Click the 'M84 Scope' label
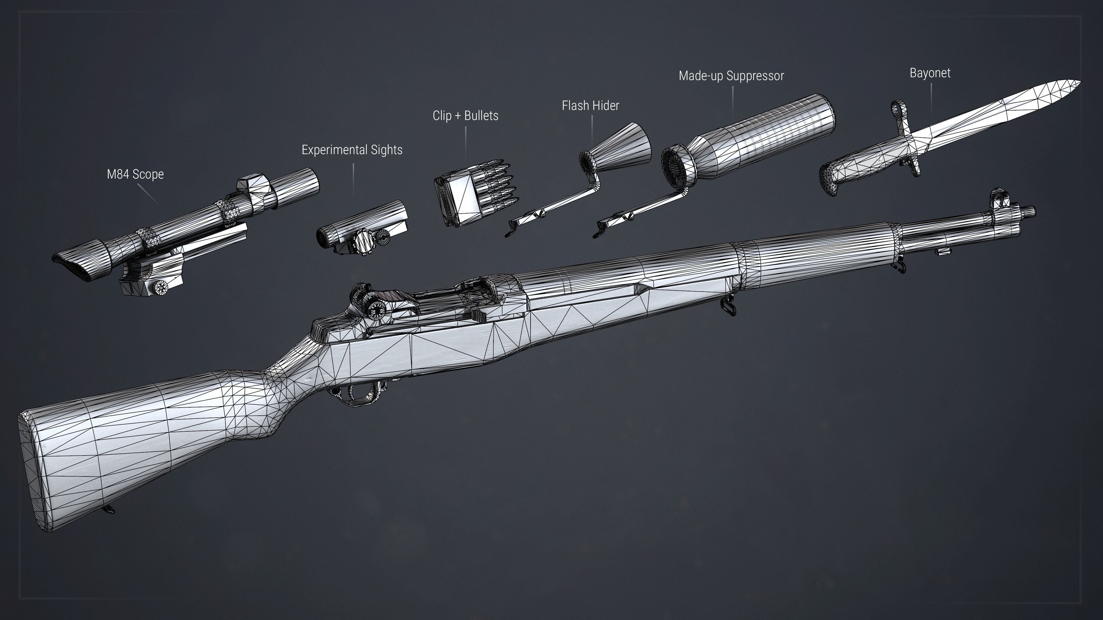[135, 175]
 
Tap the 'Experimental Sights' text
[352, 150]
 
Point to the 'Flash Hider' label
[591, 106]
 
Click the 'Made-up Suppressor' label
[731, 76]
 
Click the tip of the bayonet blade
[1080, 81]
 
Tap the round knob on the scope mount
[162, 288]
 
